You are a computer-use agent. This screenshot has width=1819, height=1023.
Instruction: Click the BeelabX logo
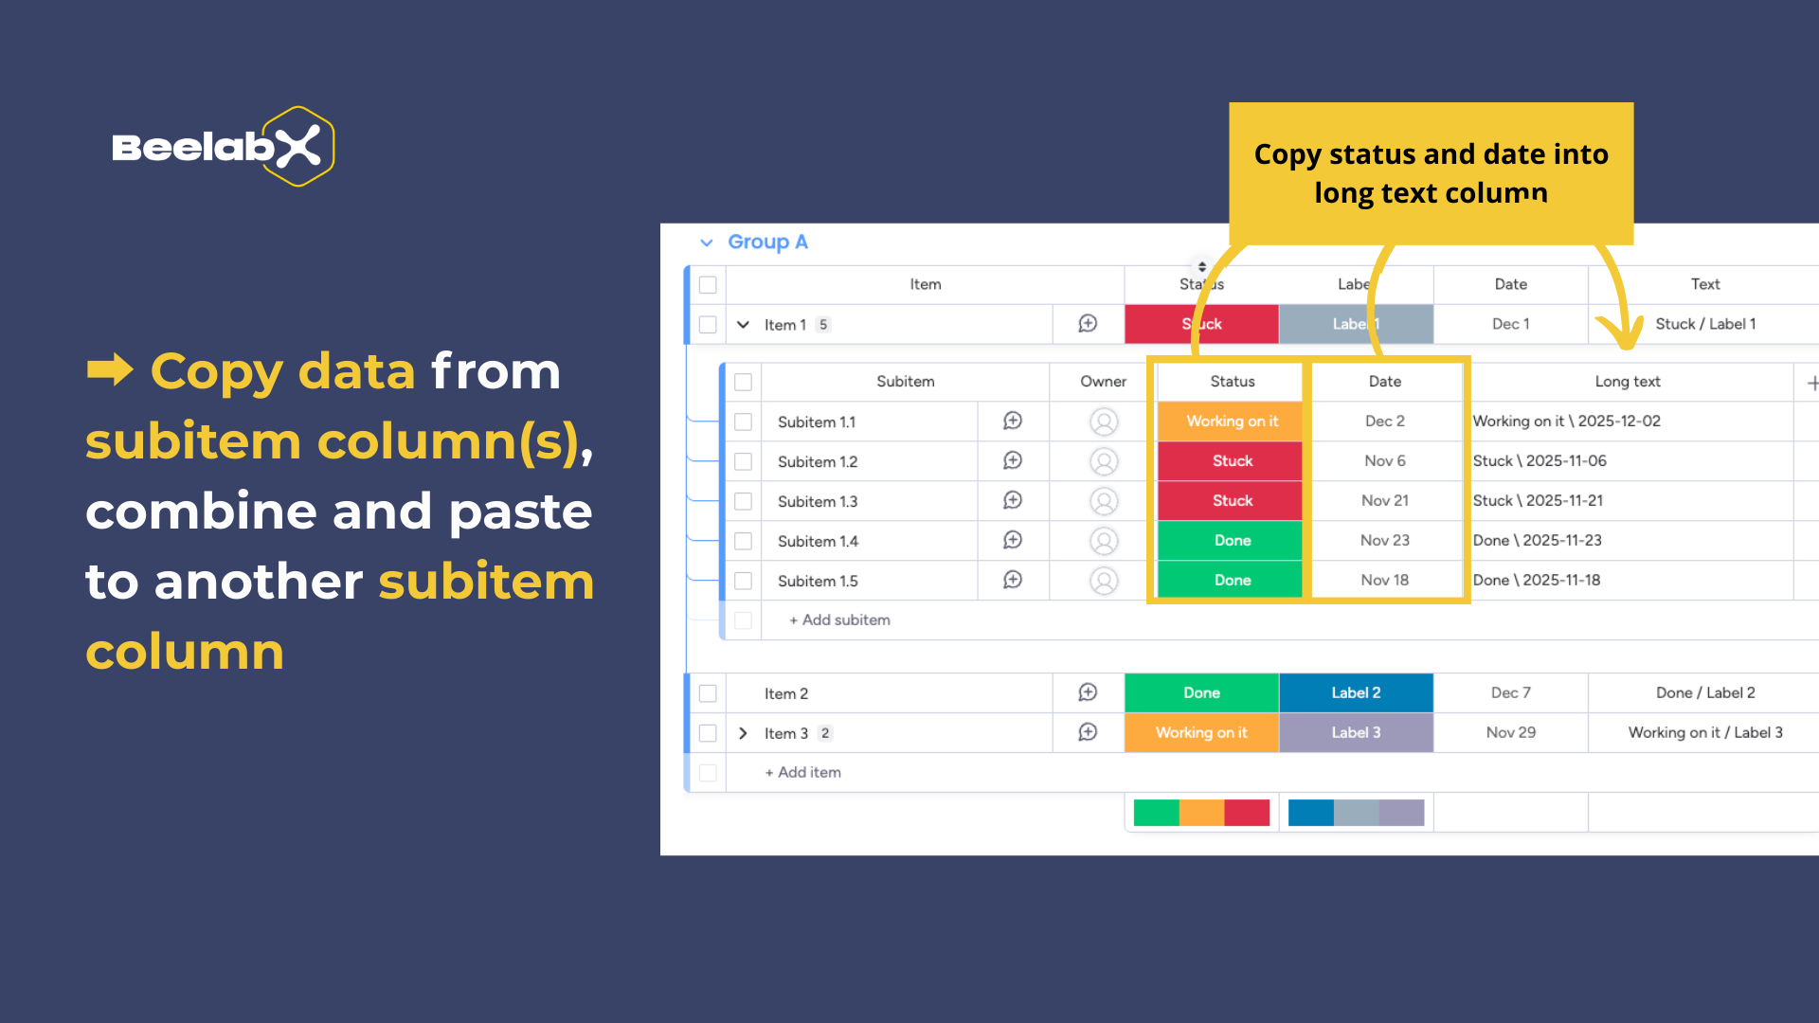[x=224, y=147]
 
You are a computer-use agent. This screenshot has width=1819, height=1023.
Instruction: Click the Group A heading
[x=767, y=242]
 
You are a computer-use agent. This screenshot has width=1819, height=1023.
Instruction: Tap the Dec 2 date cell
[x=1384, y=422]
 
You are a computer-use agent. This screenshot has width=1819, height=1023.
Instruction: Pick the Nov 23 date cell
[x=1384, y=541]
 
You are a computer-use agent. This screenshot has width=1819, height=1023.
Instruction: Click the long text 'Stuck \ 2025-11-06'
[x=1540, y=461]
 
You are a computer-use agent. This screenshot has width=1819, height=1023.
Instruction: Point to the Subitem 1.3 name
[x=818, y=501]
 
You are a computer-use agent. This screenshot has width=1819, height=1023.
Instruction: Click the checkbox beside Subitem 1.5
[x=744, y=581]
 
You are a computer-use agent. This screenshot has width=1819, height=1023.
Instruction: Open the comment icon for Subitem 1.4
[x=1013, y=540]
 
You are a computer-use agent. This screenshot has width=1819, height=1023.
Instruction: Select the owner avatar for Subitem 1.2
[x=1104, y=461]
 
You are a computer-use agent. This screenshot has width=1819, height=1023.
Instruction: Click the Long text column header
[x=1627, y=382]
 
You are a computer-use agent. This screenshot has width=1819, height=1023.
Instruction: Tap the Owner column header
[x=1103, y=382]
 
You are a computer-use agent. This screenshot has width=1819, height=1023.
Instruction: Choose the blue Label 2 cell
[x=1356, y=693]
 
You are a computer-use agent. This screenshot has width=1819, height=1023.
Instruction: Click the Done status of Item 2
[x=1201, y=693]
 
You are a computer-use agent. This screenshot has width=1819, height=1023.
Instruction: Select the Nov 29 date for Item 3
[x=1510, y=733]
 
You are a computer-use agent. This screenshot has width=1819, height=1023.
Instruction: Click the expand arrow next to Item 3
[x=743, y=733]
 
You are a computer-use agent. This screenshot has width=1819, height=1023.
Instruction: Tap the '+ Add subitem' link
[x=839, y=620]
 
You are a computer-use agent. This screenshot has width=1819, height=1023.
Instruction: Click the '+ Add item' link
[x=802, y=773]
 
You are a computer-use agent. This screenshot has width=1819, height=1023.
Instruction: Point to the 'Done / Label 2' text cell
[x=1705, y=693]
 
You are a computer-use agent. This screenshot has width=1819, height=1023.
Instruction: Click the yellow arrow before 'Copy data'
[x=110, y=369]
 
